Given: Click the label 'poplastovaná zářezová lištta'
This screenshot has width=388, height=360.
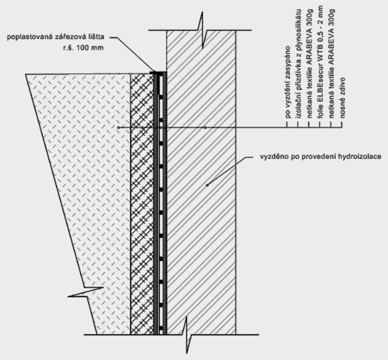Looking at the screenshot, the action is [x=55, y=37].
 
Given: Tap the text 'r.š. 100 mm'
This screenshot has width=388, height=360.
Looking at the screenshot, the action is [x=83, y=47].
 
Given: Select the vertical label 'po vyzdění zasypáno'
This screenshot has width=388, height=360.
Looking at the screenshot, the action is [x=288, y=82].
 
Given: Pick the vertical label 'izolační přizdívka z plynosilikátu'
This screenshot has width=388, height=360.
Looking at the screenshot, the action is [x=299, y=64].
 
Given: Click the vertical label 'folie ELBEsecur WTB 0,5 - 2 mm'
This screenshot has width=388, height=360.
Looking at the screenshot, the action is [x=321, y=61].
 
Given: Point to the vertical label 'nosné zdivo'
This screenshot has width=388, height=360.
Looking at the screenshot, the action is [x=342, y=97].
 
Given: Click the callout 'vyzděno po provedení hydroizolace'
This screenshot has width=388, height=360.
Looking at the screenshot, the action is [x=321, y=157].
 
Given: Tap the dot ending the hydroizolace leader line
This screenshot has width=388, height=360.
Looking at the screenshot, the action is [x=207, y=185].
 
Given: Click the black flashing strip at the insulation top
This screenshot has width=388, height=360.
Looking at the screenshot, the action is [x=158, y=73].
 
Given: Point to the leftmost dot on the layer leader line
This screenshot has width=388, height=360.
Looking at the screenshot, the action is [x=118, y=127].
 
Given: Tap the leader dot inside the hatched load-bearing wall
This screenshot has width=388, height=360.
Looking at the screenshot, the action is [x=205, y=127].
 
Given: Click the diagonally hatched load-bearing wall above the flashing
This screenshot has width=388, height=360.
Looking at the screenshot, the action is [x=201, y=51].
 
